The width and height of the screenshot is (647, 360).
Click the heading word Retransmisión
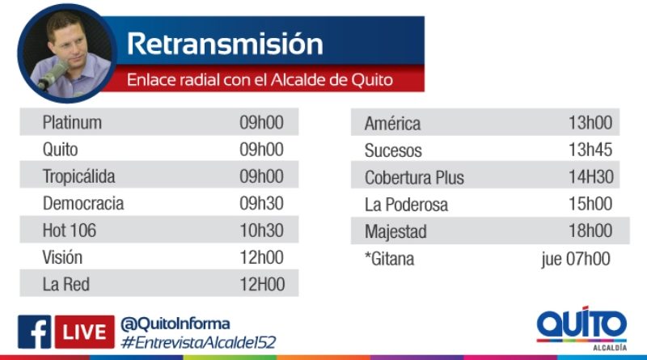coord(225,44)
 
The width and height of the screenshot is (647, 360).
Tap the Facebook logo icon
coord(34,332)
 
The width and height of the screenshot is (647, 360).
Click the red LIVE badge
coord(85,332)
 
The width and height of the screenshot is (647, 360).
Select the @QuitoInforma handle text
coord(175,324)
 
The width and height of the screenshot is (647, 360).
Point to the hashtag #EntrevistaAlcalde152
coord(198,342)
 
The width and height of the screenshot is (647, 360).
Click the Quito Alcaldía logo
coord(581,328)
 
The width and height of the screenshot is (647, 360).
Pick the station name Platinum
coord(72,123)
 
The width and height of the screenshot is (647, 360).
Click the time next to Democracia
coord(261,203)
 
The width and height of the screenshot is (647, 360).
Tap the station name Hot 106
coord(70,231)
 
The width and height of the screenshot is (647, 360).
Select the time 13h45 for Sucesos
coord(590,150)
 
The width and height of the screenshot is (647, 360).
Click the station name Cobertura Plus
coord(414,177)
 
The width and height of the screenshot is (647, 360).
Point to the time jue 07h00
coord(576,259)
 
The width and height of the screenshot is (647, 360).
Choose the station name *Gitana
coord(390,259)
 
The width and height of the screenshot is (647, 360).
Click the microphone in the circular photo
coord(53,75)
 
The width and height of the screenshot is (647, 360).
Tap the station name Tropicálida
coord(78,176)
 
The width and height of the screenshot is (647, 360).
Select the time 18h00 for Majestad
coord(590,231)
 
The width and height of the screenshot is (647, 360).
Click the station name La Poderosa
coord(407,205)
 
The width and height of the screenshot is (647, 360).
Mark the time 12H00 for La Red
coord(262,284)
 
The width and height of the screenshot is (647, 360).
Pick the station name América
coord(393,124)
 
